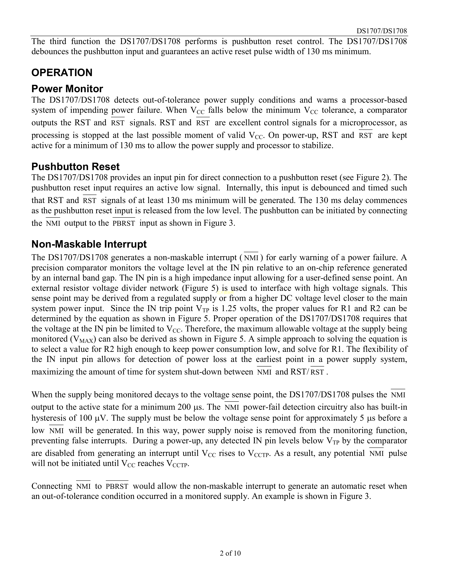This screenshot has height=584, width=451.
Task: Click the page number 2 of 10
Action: tap(230, 553)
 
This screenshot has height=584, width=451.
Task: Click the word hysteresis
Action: tap(49, 418)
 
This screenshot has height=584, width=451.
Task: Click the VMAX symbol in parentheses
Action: tap(83, 339)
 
